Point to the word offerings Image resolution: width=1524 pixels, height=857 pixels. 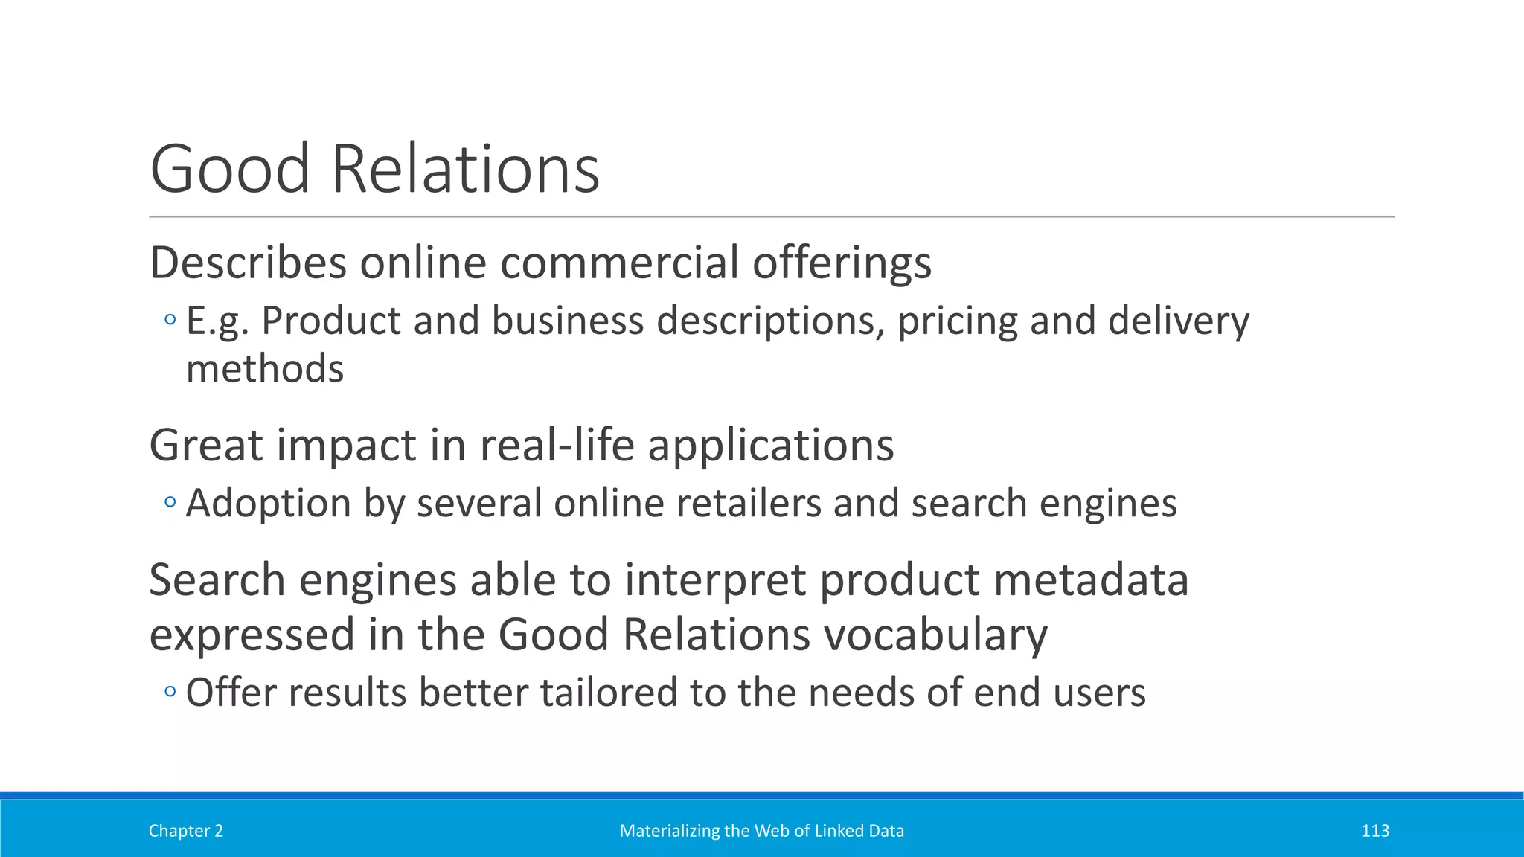click(x=842, y=264)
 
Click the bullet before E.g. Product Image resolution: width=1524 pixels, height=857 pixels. click(x=170, y=321)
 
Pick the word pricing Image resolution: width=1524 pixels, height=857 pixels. click(x=958, y=322)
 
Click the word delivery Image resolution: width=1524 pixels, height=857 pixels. click(x=1178, y=322)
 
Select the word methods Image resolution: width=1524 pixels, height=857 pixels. click(x=265, y=369)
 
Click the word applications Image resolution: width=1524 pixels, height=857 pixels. click(x=771, y=446)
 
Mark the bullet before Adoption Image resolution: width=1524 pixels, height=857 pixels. click(x=170, y=503)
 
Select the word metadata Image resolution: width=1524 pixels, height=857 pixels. click(x=1091, y=580)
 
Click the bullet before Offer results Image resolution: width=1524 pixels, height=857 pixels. click(x=170, y=693)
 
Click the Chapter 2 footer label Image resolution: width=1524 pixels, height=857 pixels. click(x=186, y=831)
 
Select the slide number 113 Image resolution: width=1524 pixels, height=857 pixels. click(x=1375, y=831)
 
